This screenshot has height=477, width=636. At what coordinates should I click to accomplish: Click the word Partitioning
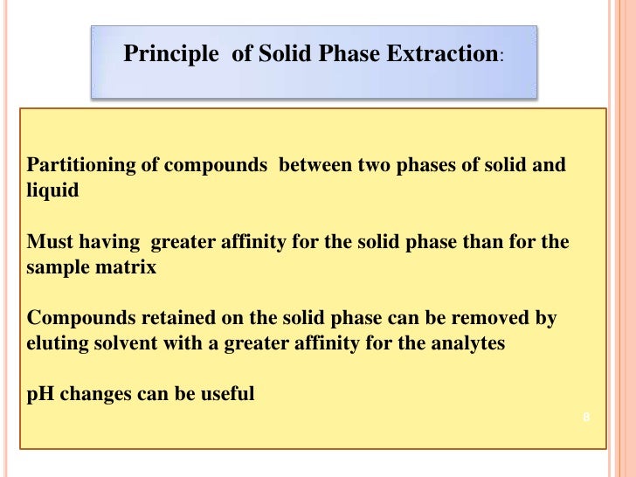point(76,164)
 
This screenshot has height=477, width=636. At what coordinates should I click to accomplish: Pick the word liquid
point(52,190)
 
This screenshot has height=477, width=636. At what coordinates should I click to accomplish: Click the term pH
point(39,395)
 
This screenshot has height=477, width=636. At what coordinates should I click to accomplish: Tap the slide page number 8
point(586,418)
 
